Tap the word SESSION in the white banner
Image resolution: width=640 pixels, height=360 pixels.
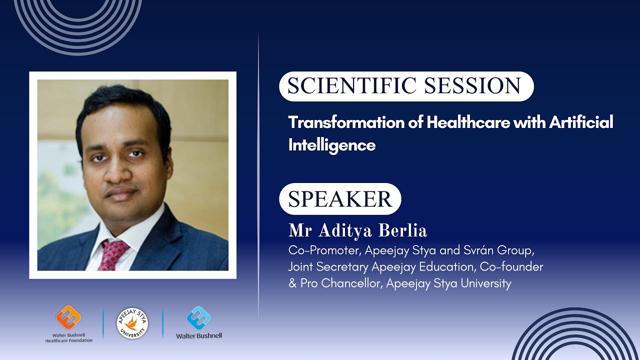[473, 86]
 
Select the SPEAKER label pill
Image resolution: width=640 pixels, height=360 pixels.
[340, 199]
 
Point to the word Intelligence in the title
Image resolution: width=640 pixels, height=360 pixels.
[331, 145]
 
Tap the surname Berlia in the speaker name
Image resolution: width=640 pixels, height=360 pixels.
[402, 231]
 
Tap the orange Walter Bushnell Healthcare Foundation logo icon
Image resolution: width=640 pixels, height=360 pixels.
[68, 317]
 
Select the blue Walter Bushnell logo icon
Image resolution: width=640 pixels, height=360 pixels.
[198, 318]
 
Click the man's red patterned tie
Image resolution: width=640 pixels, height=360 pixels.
[113, 252]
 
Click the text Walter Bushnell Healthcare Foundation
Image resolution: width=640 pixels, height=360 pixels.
[68, 338]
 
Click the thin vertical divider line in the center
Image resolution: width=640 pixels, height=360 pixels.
[258, 175]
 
